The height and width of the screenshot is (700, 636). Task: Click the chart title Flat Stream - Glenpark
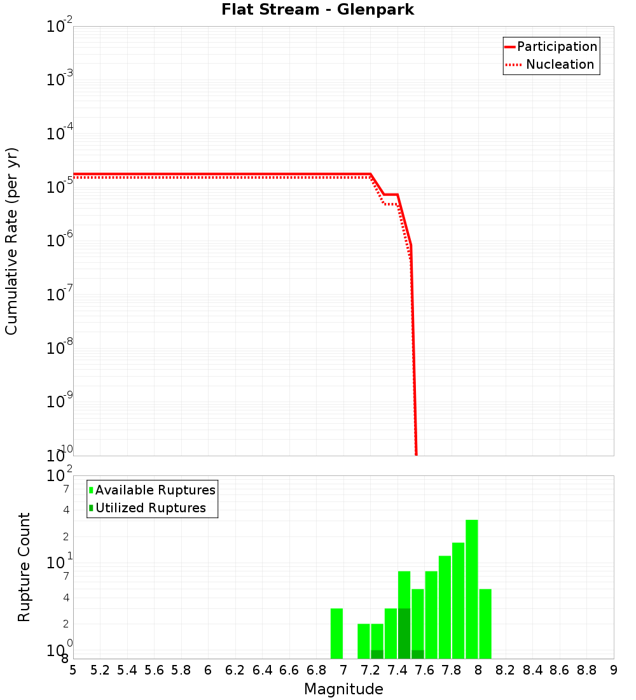(x=317, y=10)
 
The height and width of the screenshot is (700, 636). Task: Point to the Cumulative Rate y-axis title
(x=12, y=241)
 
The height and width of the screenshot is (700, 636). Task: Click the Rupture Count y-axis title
(x=24, y=567)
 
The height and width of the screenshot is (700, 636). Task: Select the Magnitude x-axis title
(x=343, y=689)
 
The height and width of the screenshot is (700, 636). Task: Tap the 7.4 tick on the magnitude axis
(x=397, y=671)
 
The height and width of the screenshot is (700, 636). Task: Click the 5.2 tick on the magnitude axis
(x=100, y=671)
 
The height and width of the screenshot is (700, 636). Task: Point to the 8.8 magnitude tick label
(x=586, y=671)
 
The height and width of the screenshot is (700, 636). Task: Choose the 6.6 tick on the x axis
(x=289, y=671)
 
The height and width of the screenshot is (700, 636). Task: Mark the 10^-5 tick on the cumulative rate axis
(x=59, y=188)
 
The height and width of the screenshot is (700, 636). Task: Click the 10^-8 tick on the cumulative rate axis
(x=59, y=349)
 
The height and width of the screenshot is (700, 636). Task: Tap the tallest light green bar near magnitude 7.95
(x=472, y=589)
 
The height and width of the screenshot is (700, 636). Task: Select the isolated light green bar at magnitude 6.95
(x=337, y=633)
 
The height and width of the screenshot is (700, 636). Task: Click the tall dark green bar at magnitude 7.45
(x=404, y=633)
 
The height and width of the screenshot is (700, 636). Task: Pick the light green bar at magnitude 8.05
(x=485, y=624)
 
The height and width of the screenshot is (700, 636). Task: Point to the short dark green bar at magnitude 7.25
(x=377, y=654)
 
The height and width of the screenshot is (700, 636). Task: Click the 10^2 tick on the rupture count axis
(x=59, y=476)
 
